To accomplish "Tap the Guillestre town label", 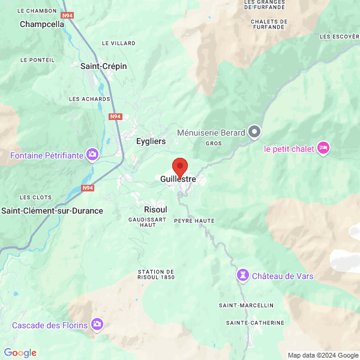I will pyautogui.click(x=179, y=179).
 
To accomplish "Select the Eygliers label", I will pyautogui.click(x=151, y=141).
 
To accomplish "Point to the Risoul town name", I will pyautogui.click(x=155, y=209).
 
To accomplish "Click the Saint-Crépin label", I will pyautogui.click(x=104, y=66).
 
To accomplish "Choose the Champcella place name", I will pyautogui.click(x=42, y=25).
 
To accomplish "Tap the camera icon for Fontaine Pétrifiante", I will pyautogui.click(x=92, y=155).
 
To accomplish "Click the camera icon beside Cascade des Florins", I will pyautogui.click(x=97, y=325).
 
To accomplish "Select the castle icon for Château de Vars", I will pyautogui.click(x=242, y=275).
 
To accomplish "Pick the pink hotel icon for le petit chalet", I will pyautogui.click(x=323, y=148).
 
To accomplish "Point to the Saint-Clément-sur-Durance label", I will pyautogui.click(x=52, y=211).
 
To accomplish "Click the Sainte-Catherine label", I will pyautogui.click(x=255, y=323).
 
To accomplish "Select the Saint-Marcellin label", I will pyautogui.click(x=246, y=305).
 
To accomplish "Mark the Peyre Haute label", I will pyautogui.click(x=194, y=221).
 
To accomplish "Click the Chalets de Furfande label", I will pyautogui.click(x=268, y=24).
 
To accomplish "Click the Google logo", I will pyautogui.click(x=20, y=353).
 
